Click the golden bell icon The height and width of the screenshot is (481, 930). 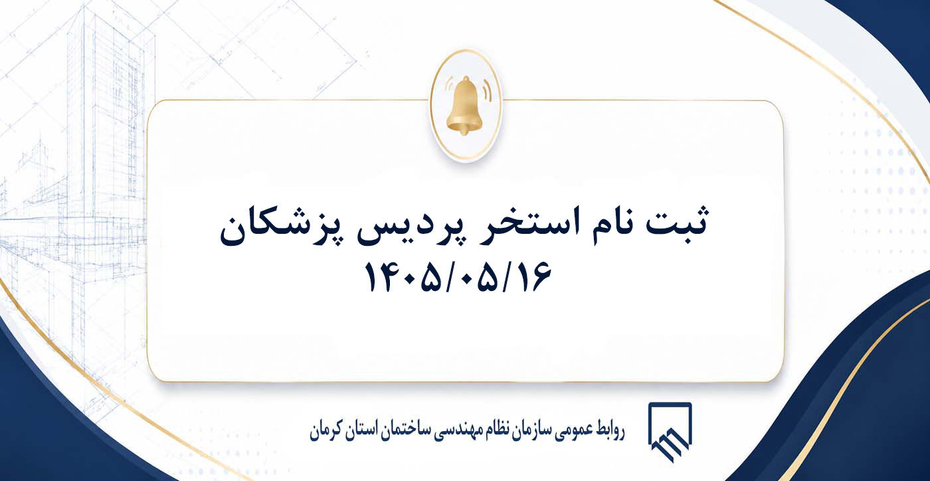464,106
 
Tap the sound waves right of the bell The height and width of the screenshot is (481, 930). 486,90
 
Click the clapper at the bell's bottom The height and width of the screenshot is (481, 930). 464,131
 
